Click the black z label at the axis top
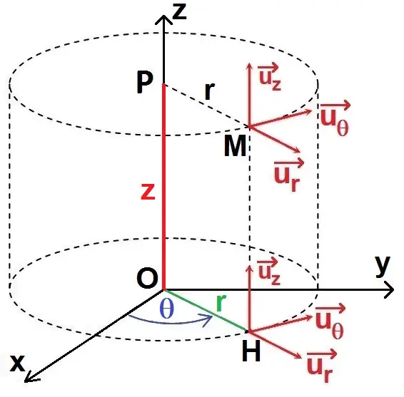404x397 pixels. [180, 12]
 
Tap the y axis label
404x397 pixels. [383, 267]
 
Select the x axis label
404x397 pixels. [17, 363]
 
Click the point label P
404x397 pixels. [145, 83]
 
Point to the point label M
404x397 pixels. [235, 146]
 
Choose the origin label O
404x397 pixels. [147, 279]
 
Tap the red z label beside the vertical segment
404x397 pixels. [148, 192]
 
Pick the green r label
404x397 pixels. [221, 303]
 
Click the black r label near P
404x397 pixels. [210, 92]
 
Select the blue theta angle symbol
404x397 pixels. [167, 309]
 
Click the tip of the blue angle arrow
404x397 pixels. [212, 316]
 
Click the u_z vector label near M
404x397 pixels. [268, 76]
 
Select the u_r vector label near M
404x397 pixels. [289, 175]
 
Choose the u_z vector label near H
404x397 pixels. [268, 272]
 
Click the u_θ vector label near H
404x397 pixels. [330, 321]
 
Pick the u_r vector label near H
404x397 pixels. [321, 366]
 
